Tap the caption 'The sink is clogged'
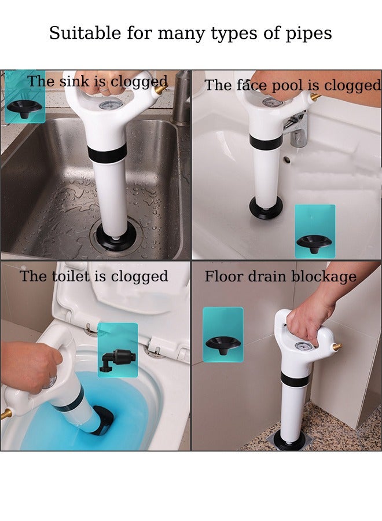point(97,82)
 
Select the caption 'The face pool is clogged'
point(292,86)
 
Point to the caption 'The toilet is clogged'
point(94,276)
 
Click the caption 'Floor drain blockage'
point(280,277)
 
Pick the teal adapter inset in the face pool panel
point(315,230)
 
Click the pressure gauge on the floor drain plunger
point(301,346)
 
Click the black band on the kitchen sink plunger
point(107,154)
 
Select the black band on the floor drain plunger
point(295,380)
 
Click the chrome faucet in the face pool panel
point(296,130)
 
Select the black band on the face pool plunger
point(266,141)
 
